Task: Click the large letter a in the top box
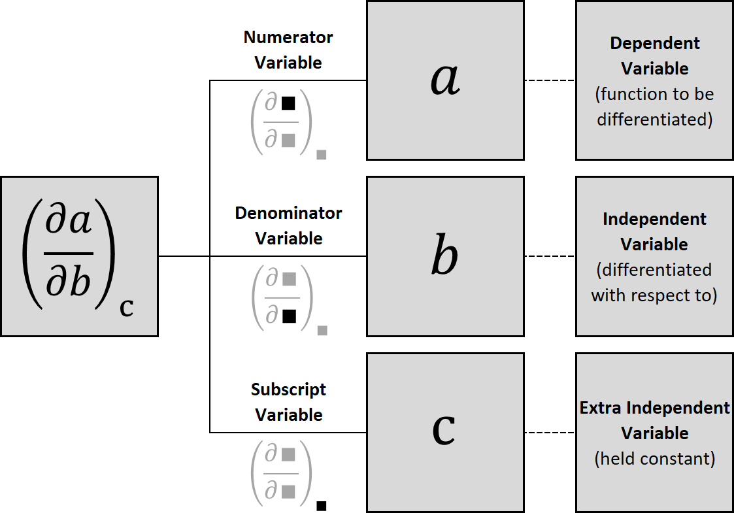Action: click(x=445, y=80)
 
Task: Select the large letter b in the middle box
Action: click(x=445, y=256)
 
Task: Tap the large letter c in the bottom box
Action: click(x=444, y=431)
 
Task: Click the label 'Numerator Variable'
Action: click(x=288, y=50)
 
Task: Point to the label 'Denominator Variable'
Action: click(x=288, y=225)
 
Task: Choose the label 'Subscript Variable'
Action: click(x=288, y=402)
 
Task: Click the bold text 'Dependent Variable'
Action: click(x=655, y=56)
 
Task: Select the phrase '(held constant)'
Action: click(x=655, y=459)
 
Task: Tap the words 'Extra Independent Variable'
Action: click(x=655, y=420)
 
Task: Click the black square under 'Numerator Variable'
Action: click(x=288, y=103)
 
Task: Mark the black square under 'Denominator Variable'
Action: click(x=288, y=317)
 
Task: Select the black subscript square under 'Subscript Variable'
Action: click(x=322, y=505)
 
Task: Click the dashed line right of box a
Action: click(x=549, y=80)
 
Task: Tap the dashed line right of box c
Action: click(x=549, y=432)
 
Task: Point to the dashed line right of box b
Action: click(x=549, y=256)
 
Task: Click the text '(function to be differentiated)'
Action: click(x=655, y=107)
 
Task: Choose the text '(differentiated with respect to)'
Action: click(x=655, y=282)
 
